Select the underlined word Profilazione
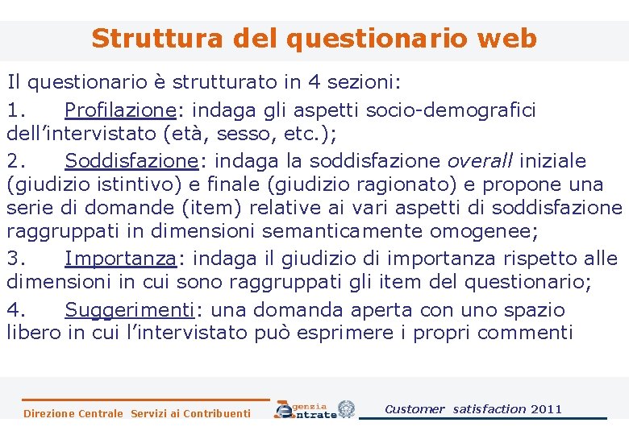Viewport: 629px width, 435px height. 120,110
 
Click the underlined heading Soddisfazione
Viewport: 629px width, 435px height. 131,160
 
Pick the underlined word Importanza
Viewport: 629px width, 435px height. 120,259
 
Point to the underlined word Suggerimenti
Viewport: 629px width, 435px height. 129,309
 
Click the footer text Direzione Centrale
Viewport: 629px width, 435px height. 73,414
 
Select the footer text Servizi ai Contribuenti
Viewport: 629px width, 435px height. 190,414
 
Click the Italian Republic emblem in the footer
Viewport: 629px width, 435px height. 346,408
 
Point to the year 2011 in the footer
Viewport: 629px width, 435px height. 547,409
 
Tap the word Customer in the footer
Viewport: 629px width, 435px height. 414,409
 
